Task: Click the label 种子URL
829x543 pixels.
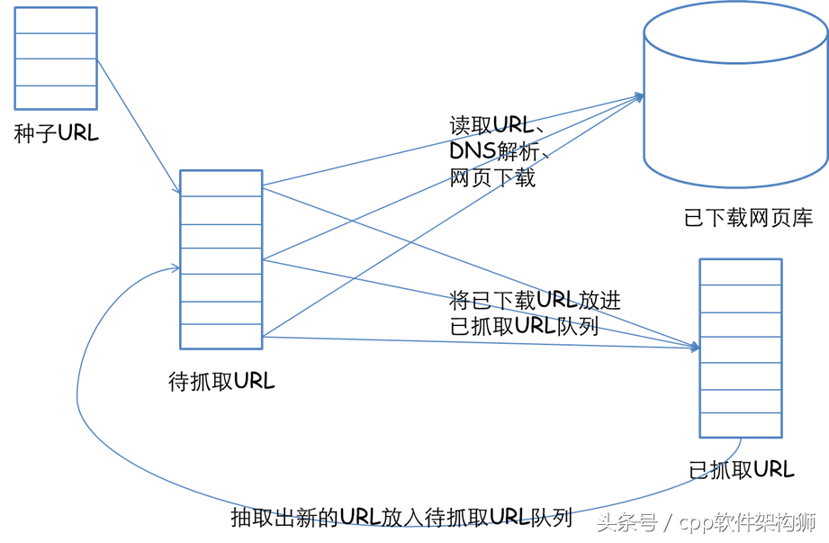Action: click(x=56, y=132)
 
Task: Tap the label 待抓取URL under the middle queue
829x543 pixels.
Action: click(x=221, y=381)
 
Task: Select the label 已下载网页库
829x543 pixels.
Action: click(x=748, y=218)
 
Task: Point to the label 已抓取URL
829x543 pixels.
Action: click(x=742, y=469)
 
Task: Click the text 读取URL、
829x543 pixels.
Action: click(x=497, y=125)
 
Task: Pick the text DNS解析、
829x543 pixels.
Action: click(x=500, y=151)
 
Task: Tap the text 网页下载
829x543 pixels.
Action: click(x=492, y=177)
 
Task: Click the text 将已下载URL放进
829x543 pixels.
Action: click(x=535, y=300)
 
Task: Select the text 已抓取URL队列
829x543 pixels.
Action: click(x=524, y=326)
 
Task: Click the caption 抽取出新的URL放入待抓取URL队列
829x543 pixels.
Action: click(x=401, y=518)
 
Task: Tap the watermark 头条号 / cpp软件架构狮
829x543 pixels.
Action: click(x=707, y=522)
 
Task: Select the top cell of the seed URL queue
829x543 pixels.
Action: click(x=56, y=21)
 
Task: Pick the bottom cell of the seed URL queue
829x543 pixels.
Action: click(x=56, y=97)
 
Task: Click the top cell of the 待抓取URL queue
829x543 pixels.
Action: click(x=221, y=184)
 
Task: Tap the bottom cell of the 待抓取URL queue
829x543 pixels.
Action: click(x=221, y=336)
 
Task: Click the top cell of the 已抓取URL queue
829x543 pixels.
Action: click(x=741, y=272)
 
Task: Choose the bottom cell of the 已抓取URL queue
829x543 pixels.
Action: click(x=741, y=425)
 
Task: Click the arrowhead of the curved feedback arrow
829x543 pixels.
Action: click(x=176, y=268)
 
